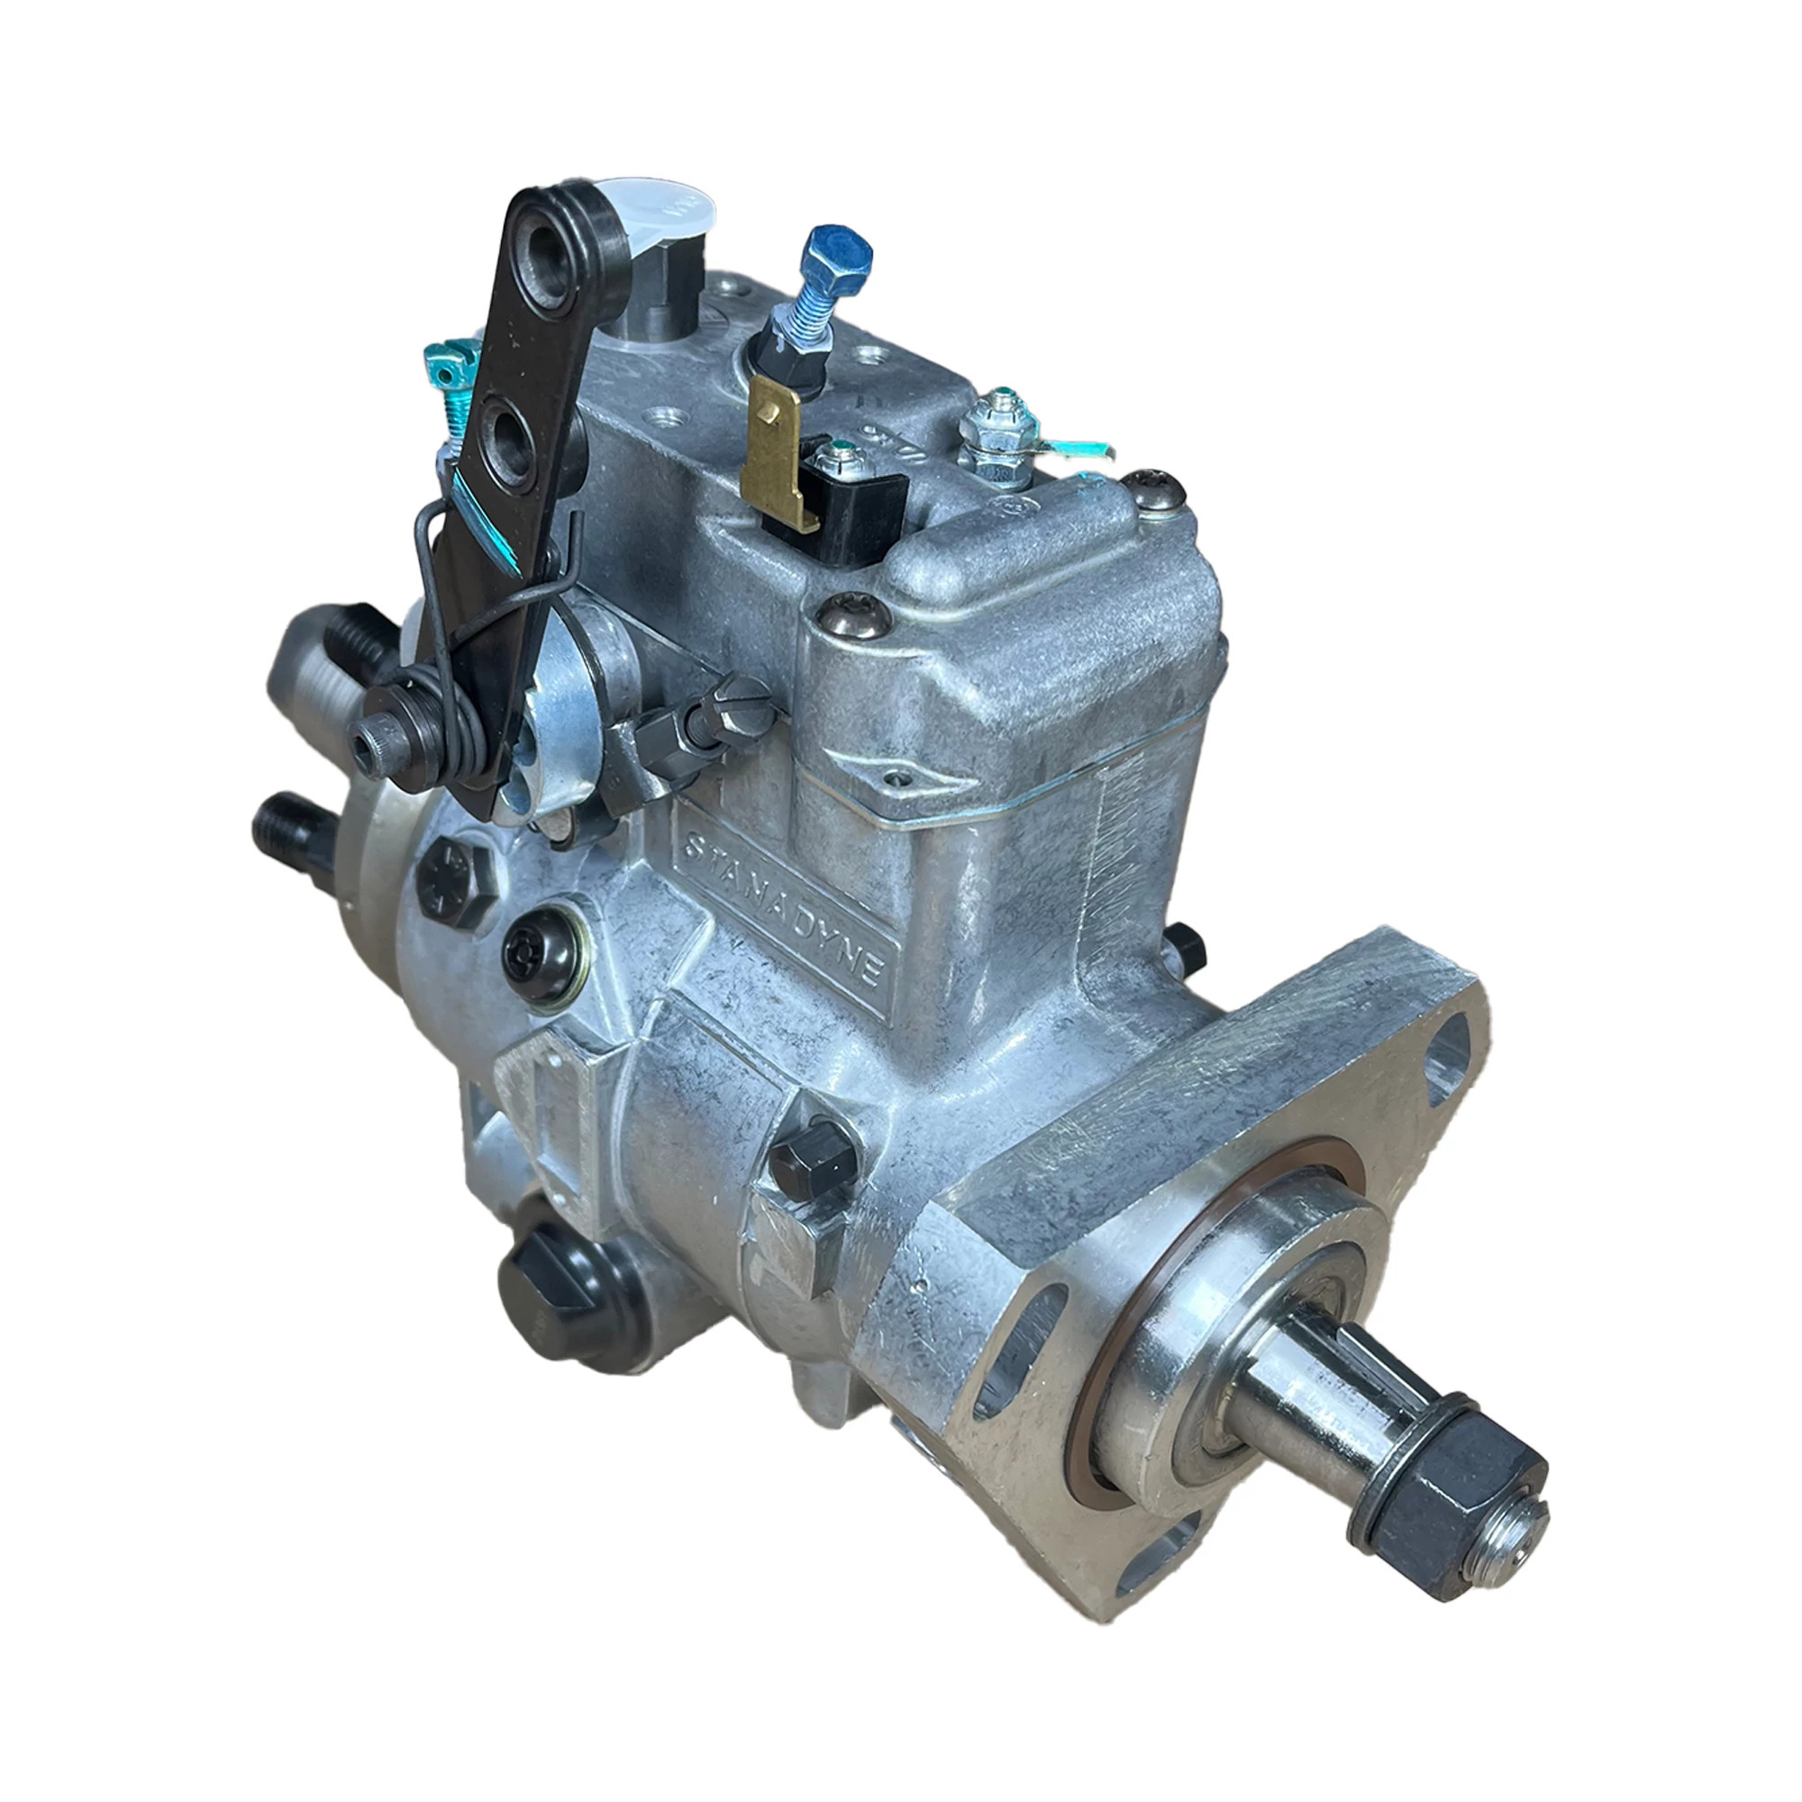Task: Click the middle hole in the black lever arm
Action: pyautogui.click(x=515, y=436)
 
